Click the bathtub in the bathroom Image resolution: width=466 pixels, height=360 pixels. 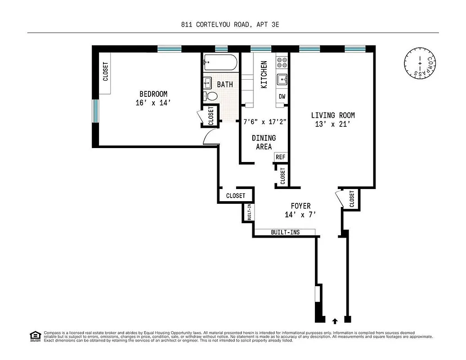(x=220, y=63)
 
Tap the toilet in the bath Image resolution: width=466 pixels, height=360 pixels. (x=211, y=96)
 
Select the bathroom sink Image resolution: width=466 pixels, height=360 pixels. (x=208, y=82)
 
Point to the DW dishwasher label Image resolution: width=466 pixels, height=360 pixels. (x=282, y=96)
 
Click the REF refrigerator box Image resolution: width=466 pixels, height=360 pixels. (x=281, y=157)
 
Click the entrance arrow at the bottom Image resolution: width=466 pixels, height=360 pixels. (x=334, y=321)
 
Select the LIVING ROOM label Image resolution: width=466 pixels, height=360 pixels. (x=333, y=116)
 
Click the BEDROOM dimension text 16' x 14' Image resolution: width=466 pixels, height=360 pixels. (x=153, y=103)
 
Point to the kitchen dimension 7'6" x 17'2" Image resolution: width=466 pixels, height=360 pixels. (x=265, y=121)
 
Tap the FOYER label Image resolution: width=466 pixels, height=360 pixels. (x=300, y=206)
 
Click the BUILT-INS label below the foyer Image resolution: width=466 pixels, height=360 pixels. (x=285, y=232)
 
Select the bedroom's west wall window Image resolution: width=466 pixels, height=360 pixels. (x=95, y=111)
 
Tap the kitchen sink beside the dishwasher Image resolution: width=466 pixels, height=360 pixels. (x=282, y=79)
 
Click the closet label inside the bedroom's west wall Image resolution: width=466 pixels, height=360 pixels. (x=106, y=71)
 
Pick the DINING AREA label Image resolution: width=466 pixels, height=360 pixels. (x=264, y=142)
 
